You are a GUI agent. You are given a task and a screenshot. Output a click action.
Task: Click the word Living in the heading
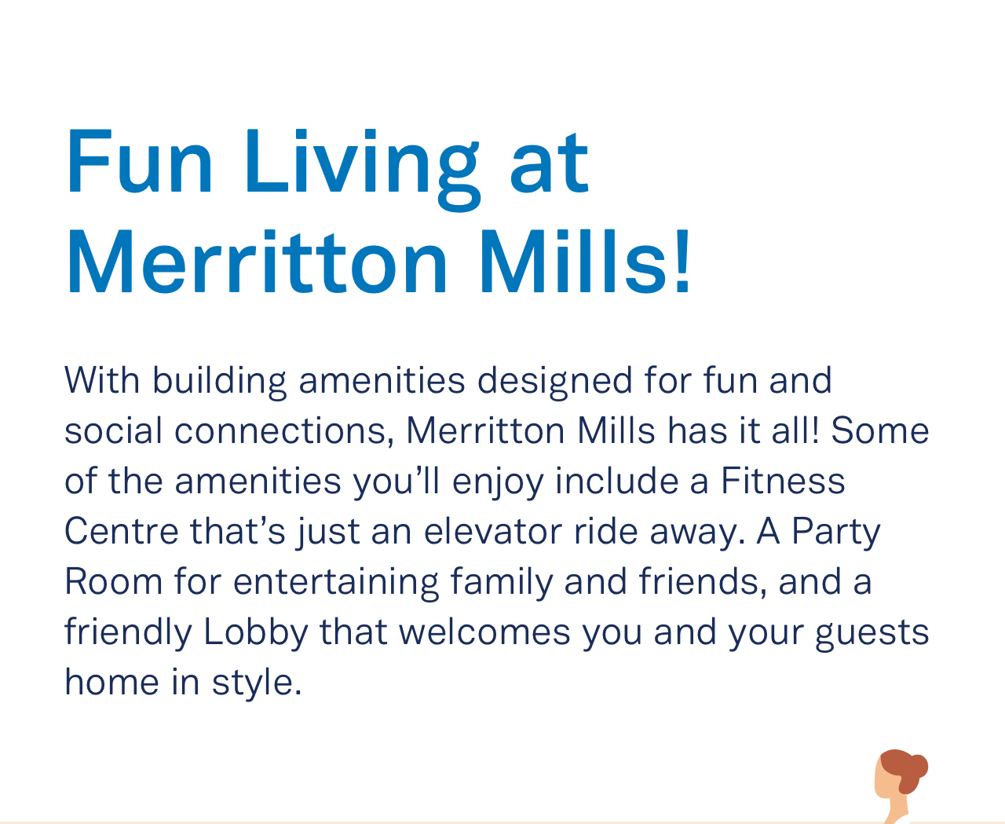tap(362, 170)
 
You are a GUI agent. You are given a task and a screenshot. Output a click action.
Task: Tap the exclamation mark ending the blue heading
tap(682, 260)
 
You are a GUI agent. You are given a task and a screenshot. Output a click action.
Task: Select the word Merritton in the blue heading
tap(257, 260)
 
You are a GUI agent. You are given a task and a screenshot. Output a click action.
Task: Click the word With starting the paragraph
tap(102, 380)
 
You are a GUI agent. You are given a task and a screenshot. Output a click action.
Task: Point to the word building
tap(219, 383)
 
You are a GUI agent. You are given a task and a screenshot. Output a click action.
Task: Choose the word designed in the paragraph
tap(554, 383)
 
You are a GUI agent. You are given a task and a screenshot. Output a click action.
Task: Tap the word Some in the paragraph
tap(879, 430)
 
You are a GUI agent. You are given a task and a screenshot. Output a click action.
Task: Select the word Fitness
tap(783, 481)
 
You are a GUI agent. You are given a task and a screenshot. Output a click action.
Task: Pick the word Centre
tap(122, 531)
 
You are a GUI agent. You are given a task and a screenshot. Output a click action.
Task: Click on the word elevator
tap(493, 531)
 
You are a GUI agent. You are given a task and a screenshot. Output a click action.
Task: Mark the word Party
tap(836, 533)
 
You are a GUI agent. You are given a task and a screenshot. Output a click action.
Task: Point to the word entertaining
tap(336, 584)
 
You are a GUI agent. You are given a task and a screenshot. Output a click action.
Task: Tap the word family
tap(501, 584)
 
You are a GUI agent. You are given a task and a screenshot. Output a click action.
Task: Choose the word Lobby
tap(256, 633)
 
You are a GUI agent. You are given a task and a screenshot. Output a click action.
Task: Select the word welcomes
tap(484, 632)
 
